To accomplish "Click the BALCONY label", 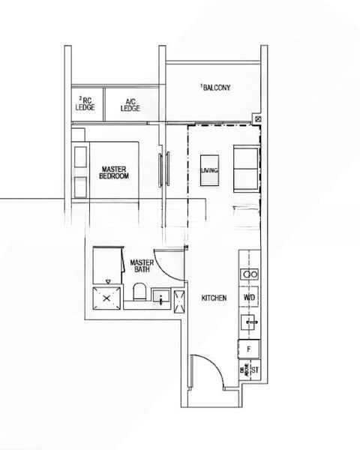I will [x=217, y=88].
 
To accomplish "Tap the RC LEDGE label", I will [x=84, y=103].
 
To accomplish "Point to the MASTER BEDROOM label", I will [x=115, y=172].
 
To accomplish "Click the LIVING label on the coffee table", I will [x=209, y=171].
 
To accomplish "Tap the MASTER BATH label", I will [x=142, y=266].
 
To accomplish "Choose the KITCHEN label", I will [x=214, y=298].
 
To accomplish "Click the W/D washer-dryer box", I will [x=250, y=297].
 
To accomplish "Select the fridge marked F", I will [x=249, y=349].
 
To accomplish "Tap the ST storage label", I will [x=254, y=370].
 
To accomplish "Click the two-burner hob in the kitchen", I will [x=250, y=274].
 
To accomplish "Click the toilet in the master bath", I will [x=138, y=292].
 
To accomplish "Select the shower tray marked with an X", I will [x=106, y=296].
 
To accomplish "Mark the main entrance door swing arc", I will [x=206, y=371].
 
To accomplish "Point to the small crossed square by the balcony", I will [x=258, y=118].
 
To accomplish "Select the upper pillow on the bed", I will [x=80, y=158].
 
